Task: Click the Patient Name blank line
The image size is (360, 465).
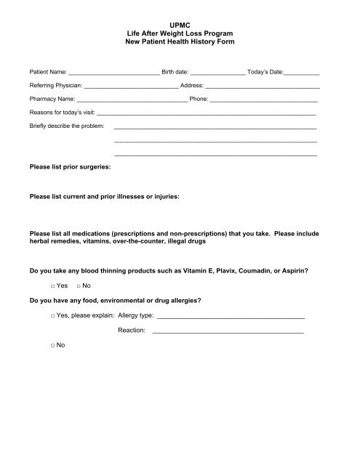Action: tap(113, 74)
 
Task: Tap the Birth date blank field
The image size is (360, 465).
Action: tap(217, 74)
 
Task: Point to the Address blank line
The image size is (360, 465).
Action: tap(262, 87)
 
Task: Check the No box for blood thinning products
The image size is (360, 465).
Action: tap(79, 286)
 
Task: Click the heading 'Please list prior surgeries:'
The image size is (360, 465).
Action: tap(70, 168)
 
